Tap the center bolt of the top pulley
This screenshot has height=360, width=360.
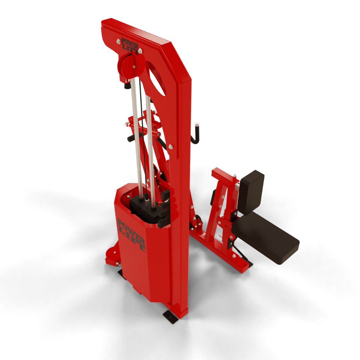click(x=134, y=67)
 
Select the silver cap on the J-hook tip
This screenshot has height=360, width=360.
click(x=197, y=124)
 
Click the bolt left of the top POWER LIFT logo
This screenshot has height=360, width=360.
click(x=118, y=41)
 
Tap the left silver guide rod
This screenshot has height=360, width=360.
click(x=137, y=133)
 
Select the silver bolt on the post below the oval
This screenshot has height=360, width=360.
click(x=171, y=146)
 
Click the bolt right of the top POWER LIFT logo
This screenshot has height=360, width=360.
click(x=140, y=51)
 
